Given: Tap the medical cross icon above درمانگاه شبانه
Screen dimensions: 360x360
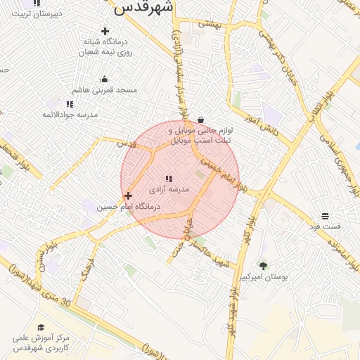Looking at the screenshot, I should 105,31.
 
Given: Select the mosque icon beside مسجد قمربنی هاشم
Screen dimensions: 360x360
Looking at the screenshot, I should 105,79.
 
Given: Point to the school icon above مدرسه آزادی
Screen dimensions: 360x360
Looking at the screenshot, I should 169,179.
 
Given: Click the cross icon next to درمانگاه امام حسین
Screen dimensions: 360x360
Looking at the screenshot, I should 127,195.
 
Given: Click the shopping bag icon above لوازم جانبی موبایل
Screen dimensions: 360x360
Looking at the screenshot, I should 202,120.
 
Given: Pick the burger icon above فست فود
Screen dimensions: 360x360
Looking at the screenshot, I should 325,216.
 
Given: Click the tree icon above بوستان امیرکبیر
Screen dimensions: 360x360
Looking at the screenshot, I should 263,266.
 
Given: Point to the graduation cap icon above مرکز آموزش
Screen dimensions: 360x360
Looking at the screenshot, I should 41,328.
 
